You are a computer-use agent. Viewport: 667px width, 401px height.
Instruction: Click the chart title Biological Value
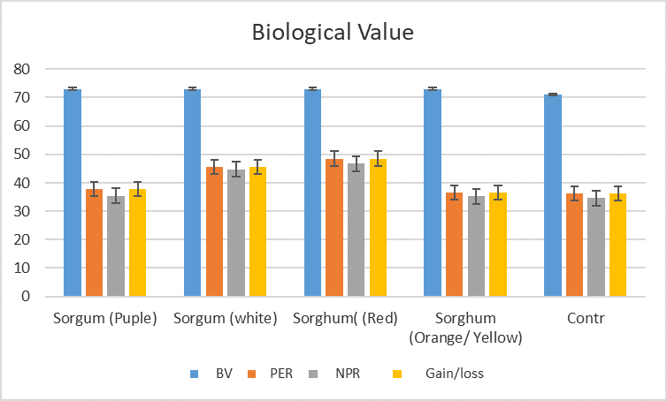[x=333, y=34]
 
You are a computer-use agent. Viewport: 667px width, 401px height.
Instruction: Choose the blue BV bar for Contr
[x=553, y=195]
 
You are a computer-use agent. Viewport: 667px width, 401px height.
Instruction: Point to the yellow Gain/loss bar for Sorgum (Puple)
[x=137, y=242]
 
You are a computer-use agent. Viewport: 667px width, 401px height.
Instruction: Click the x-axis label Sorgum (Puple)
[x=104, y=318]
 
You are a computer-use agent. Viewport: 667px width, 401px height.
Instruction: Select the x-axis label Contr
[x=585, y=318]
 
